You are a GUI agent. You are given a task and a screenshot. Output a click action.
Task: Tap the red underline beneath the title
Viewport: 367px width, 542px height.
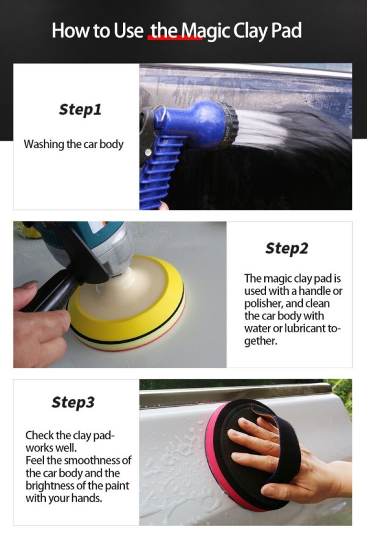click(175, 38)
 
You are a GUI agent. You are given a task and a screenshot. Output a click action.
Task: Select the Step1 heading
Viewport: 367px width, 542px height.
click(80, 110)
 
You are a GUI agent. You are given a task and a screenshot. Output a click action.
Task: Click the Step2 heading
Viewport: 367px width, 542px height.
click(286, 248)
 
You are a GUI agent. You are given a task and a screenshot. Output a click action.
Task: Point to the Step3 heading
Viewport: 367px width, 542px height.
click(73, 402)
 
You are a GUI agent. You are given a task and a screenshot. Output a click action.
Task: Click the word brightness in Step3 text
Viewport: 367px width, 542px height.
click(50, 486)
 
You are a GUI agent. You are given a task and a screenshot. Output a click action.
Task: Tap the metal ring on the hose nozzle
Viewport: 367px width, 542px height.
click(160, 113)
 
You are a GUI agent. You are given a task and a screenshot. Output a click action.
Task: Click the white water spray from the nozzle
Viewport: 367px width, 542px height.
click(262, 128)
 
